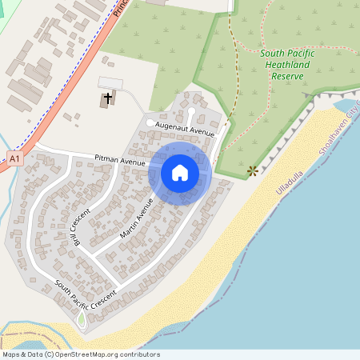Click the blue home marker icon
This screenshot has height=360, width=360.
point(180,172)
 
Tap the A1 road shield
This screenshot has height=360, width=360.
point(14,159)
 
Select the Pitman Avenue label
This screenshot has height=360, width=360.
point(119,161)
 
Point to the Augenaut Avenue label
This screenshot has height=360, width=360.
point(186,128)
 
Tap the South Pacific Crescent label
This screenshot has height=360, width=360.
point(86,288)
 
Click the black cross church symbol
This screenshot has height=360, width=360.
point(106,99)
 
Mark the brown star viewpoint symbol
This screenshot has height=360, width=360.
point(253,170)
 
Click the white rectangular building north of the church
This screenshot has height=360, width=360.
point(110,83)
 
